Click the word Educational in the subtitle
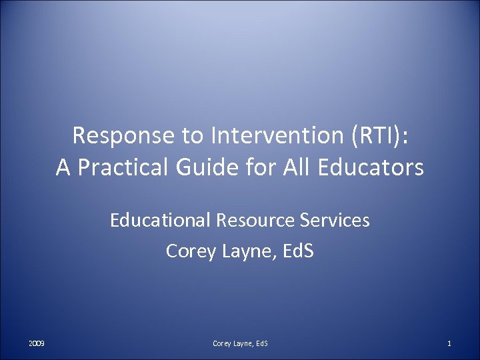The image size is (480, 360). click(x=155, y=220)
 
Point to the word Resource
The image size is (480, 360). click(x=246, y=220)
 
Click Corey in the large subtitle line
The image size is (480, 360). click(x=188, y=251)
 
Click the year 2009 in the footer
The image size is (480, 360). click(x=37, y=343)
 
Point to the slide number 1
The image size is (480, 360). click(x=449, y=343)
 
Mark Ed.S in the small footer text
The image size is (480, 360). click(x=259, y=343)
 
